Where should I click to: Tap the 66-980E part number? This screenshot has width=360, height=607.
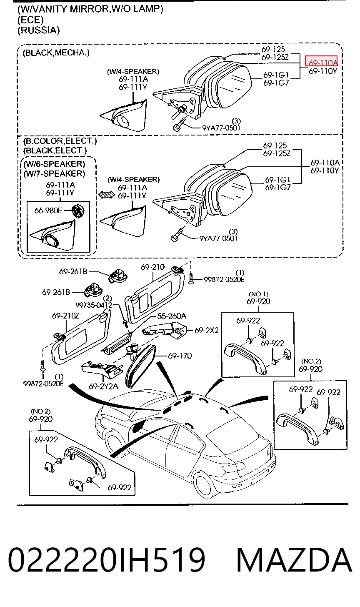click(x=48, y=210)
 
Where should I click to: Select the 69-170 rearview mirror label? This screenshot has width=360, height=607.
click(x=180, y=356)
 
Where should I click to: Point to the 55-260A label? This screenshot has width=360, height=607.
click(x=172, y=316)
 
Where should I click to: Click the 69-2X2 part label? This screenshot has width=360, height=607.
click(x=206, y=330)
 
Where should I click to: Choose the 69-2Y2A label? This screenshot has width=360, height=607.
click(x=103, y=386)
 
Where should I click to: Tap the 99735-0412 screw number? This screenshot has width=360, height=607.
click(x=94, y=305)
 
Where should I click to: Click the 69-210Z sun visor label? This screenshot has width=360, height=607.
click(x=65, y=316)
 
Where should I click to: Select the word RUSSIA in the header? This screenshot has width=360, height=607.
click(x=38, y=30)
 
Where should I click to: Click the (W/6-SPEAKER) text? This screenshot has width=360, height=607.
click(x=54, y=164)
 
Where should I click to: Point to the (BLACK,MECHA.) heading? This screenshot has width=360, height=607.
click(x=56, y=53)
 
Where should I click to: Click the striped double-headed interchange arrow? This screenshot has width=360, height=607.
click(x=106, y=195)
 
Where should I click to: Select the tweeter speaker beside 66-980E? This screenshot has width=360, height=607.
click(x=78, y=210)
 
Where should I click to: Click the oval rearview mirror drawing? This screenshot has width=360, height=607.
click(x=140, y=366)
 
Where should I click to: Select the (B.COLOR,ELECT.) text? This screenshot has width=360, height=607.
click(x=60, y=141)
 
